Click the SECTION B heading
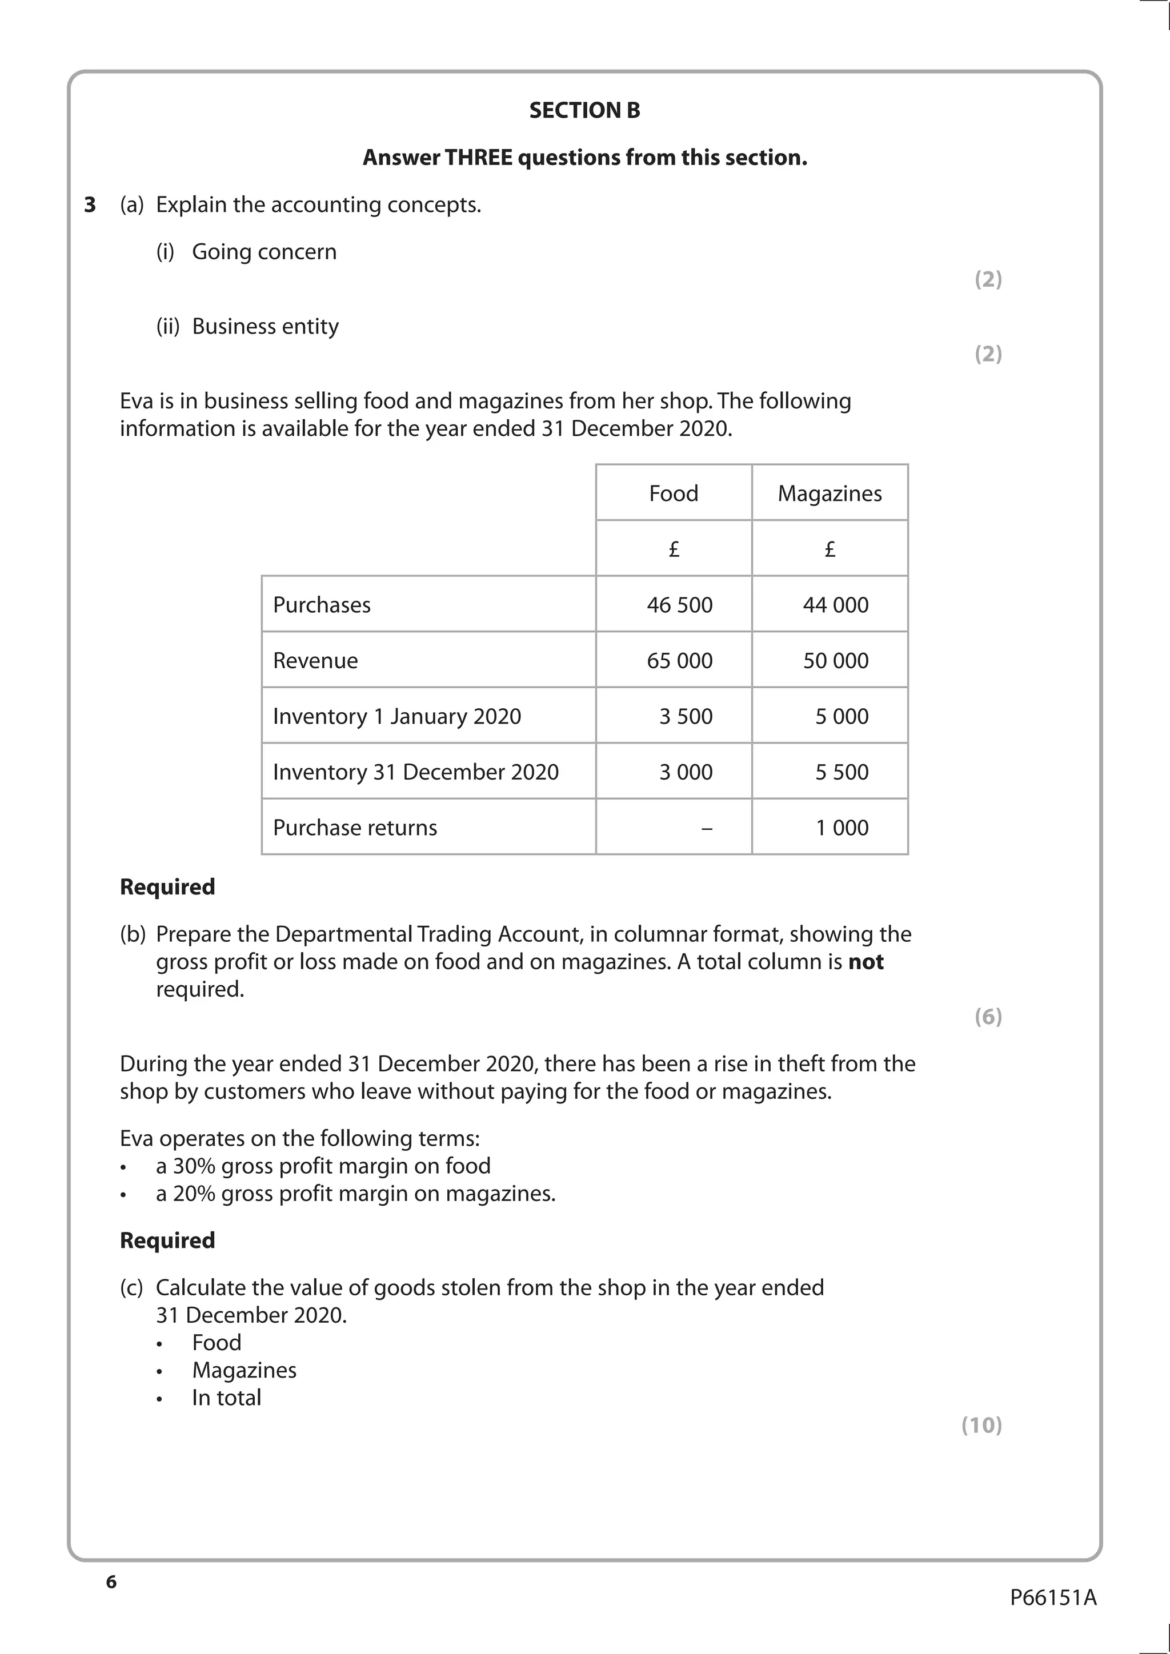tap(584, 110)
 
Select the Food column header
tap(673, 493)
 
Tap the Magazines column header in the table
tap(830, 493)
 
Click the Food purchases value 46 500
tap(679, 604)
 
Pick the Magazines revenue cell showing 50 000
tap(835, 661)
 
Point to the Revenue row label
tap(315, 661)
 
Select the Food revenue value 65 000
tap(679, 661)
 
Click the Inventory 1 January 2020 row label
tap(396, 716)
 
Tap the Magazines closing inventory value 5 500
tap(842, 772)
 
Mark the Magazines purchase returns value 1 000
tap(842, 828)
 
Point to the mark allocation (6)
tap(988, 1017)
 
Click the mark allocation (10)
tap(981, 1425)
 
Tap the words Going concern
tap(264, 251)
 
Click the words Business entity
tap(265, 326)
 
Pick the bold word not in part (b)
tap(866, 962)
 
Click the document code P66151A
tap(1052, 1598)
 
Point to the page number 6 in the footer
tap(111, 1582)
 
